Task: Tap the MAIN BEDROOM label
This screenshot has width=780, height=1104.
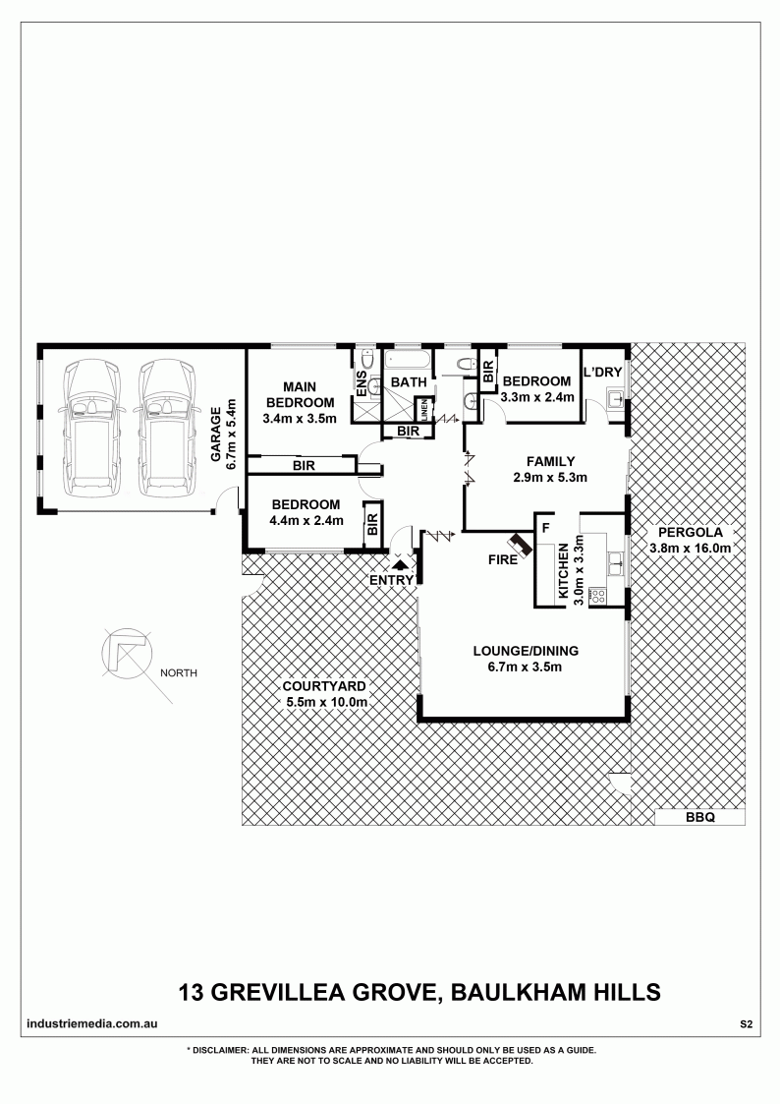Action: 300,394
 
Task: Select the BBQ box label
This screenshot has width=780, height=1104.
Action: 699,818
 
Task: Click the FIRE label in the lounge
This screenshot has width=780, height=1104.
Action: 503,560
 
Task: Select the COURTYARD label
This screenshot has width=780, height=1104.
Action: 324,686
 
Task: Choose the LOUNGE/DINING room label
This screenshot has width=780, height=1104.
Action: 527,651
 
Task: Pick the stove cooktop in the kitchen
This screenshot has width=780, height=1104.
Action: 598,596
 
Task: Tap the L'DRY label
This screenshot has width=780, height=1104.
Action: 603,372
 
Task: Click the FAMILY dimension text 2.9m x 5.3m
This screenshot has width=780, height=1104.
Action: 551,478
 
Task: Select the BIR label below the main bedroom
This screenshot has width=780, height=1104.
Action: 305,465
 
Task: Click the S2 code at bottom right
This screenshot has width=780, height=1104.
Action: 746,1024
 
